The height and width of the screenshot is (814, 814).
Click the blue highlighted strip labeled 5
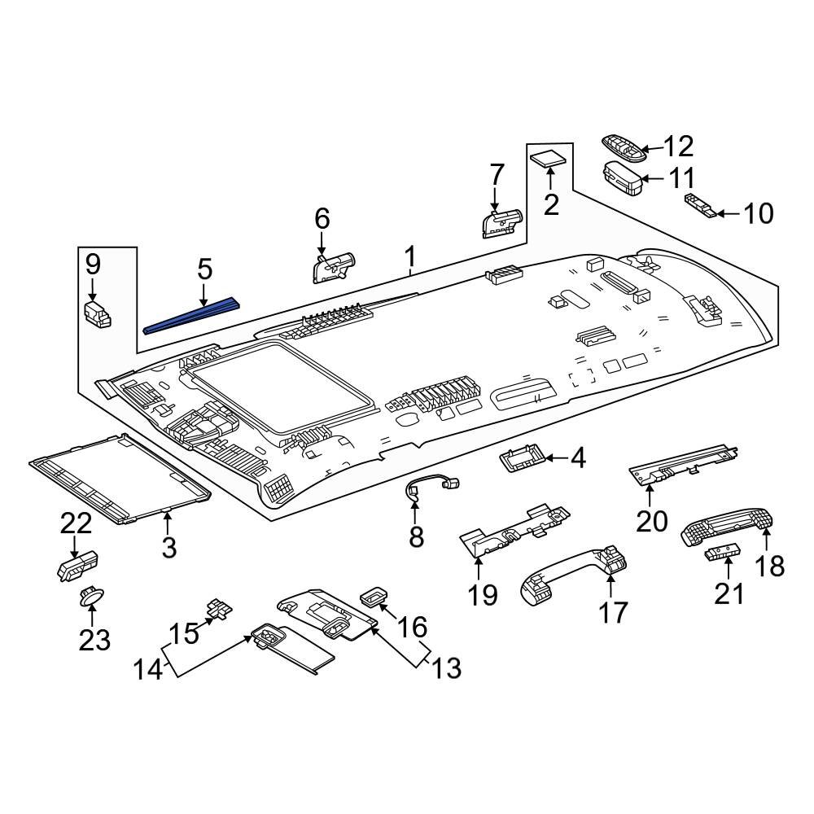193,317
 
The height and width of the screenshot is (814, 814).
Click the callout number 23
94,640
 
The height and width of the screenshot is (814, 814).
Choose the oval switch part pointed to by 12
623,147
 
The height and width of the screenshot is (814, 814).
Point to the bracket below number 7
501,222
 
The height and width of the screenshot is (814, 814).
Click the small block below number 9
97,313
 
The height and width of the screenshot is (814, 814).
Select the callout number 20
651,520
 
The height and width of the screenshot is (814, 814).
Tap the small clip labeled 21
720,554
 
